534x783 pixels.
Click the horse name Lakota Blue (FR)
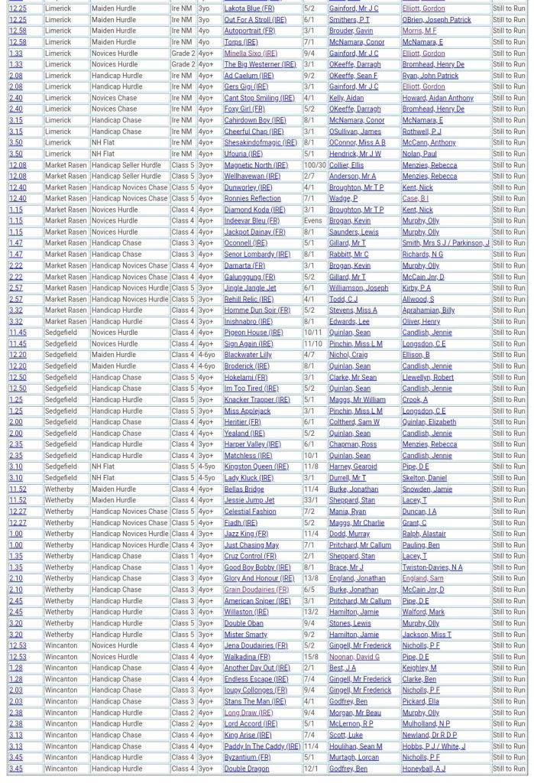tap(249, 8)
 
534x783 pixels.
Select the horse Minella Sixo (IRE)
tap(251, 54)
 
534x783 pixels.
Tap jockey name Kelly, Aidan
tap(346, 98)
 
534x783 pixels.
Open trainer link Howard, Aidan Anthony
tap(438, 98)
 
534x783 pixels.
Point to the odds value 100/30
tap(314, 165)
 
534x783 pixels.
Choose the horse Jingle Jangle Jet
tap(250, 288)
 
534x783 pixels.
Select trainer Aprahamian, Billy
tap(428, 310)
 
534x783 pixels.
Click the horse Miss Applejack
tap(247, 411)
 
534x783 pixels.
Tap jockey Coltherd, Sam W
tap(354, 422)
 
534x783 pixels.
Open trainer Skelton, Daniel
tap(424, 478)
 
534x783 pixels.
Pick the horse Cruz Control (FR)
tap(249, 556)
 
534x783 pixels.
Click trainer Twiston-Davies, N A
tap(432, 567)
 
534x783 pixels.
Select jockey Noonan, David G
tap(354, 657)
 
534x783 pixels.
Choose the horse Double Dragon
tap(246, 768)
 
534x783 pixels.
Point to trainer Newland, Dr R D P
tap(433, 735)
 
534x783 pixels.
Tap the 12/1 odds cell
tap(311, 768)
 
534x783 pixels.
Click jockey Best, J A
tap(342, 668)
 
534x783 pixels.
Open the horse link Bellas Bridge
tap(244, 489)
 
